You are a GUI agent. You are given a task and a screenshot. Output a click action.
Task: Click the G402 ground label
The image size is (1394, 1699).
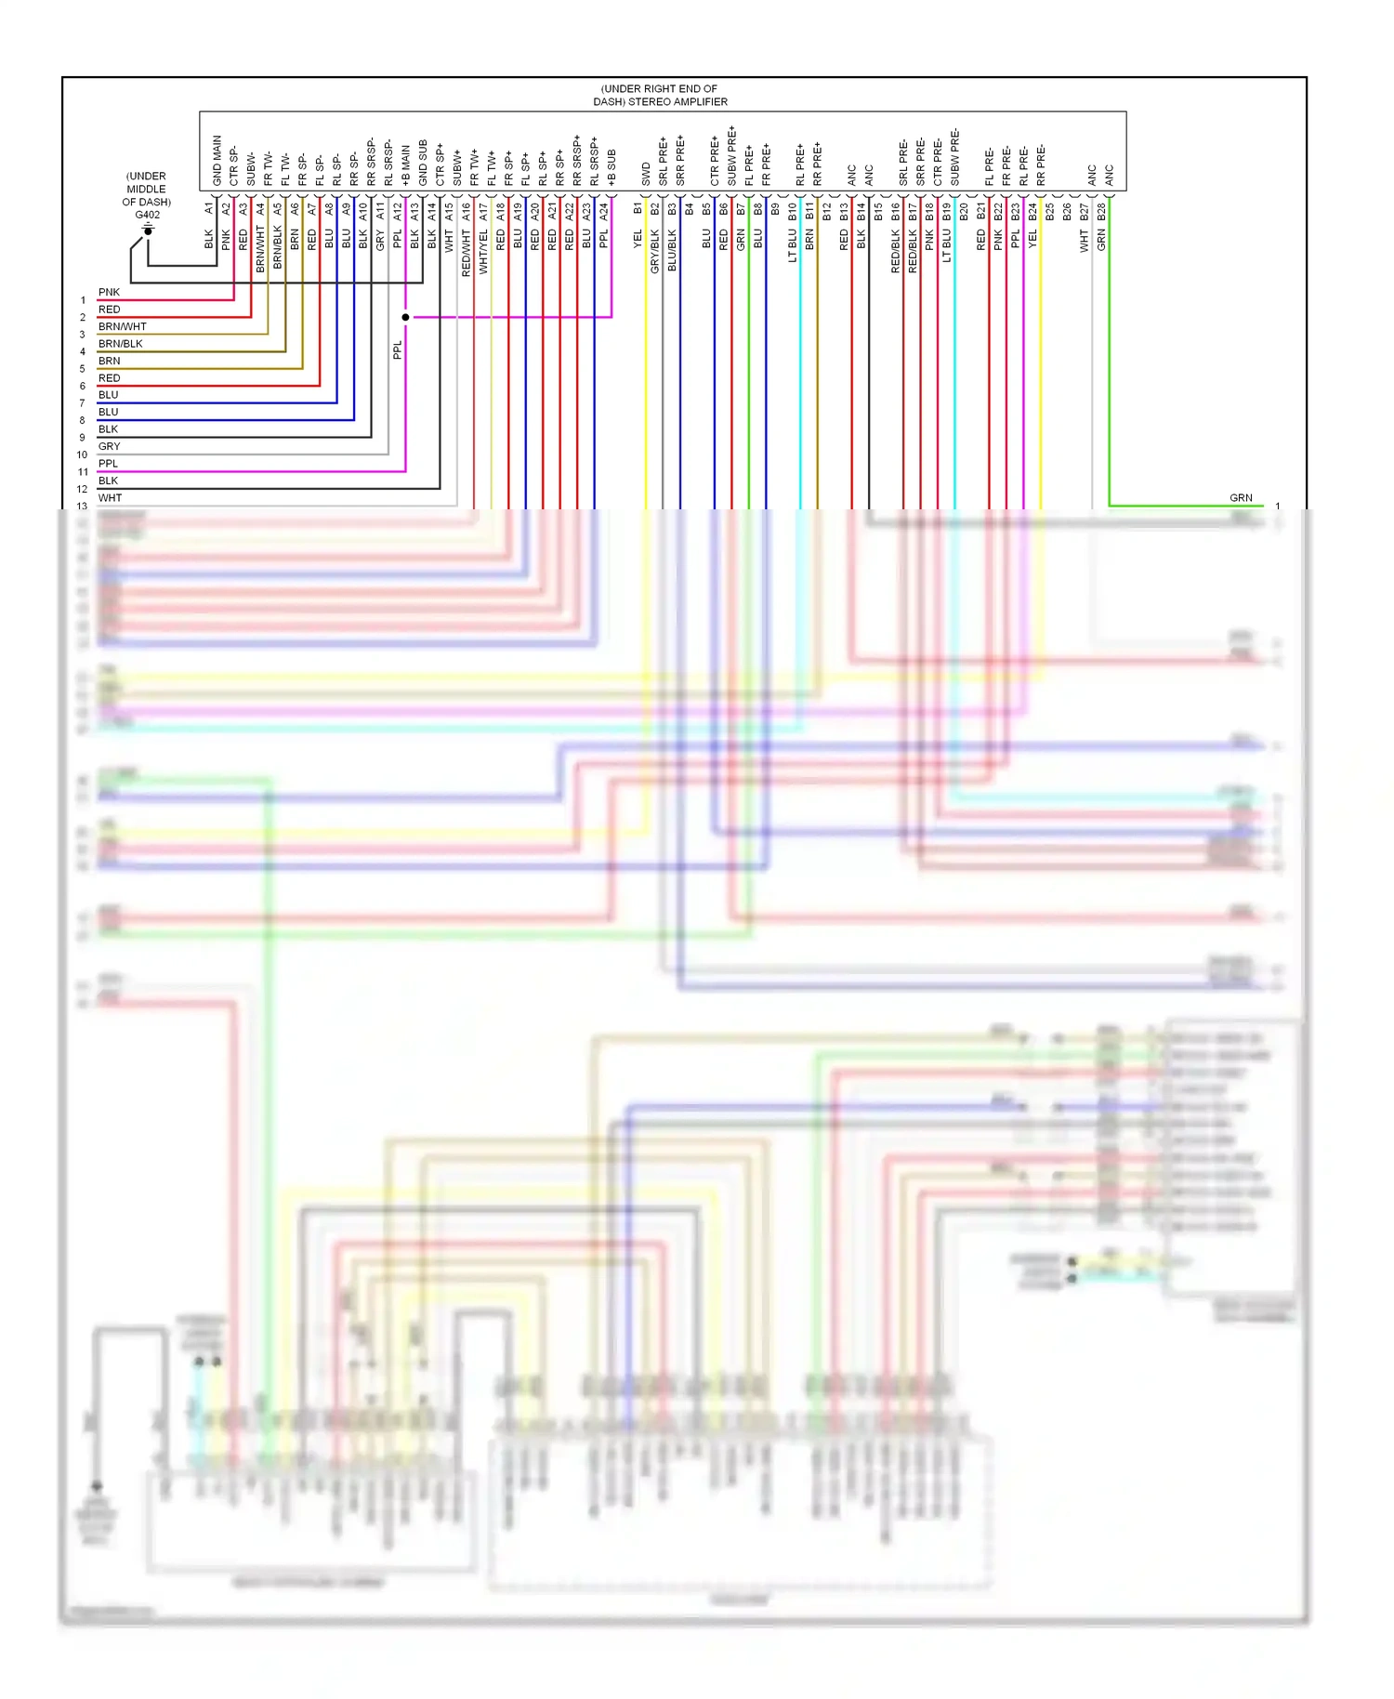click(x=147, y=215)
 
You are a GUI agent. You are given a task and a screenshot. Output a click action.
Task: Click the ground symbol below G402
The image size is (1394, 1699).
click(x=147, y=229)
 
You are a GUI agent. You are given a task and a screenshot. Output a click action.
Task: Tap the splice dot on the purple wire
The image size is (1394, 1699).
click(x=405, y=317)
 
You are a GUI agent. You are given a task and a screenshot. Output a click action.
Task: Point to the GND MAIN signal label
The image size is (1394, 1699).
click(x=217, y=160)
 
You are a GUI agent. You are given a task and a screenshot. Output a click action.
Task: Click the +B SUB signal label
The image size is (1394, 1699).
click(x=612, y=167)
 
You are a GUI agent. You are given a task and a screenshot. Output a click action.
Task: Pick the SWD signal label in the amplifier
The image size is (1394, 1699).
click(x=646, y=174)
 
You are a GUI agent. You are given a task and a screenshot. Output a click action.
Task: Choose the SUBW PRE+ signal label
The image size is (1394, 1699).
click(x=731, y=155)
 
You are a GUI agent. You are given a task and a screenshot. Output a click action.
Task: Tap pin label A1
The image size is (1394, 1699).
click(x=209, y=209)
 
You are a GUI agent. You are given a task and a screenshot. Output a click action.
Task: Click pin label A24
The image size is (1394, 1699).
click(x=603, y=212)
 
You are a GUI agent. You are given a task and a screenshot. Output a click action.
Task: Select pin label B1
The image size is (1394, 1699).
click(x=638, y=209)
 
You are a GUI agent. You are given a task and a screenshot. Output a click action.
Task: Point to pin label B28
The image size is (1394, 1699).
click(x=1101, y=212)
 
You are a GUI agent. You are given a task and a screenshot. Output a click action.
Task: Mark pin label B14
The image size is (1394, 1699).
click(x=861, y=212)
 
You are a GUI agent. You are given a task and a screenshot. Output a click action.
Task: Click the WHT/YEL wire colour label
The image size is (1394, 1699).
click(x=483, y=252)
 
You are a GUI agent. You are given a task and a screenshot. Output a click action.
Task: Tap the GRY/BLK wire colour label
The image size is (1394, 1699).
click(x=654, y=251)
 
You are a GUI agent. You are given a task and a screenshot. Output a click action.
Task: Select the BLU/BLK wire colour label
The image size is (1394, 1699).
click(x=672, y=251)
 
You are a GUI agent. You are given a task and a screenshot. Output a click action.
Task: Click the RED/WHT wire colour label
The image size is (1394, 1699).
click(x=466, y=253)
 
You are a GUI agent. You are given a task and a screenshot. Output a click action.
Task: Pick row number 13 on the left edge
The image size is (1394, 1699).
click(x=82, y=507)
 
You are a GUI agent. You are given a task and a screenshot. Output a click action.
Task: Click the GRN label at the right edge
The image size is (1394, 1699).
click(x=1241, y=498)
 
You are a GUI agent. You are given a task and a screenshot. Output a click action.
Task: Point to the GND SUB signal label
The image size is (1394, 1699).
click(x=423, y=163)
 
